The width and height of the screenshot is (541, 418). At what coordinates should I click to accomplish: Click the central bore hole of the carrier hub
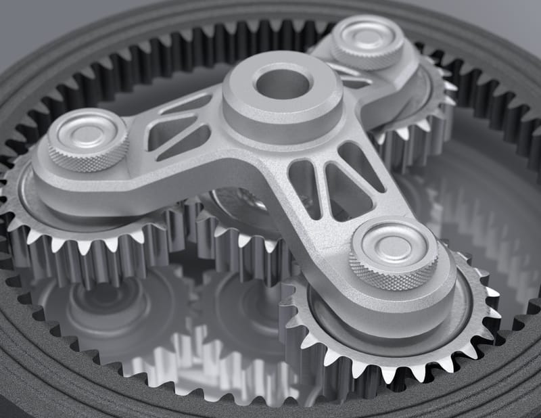click(x=283, y=83)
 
